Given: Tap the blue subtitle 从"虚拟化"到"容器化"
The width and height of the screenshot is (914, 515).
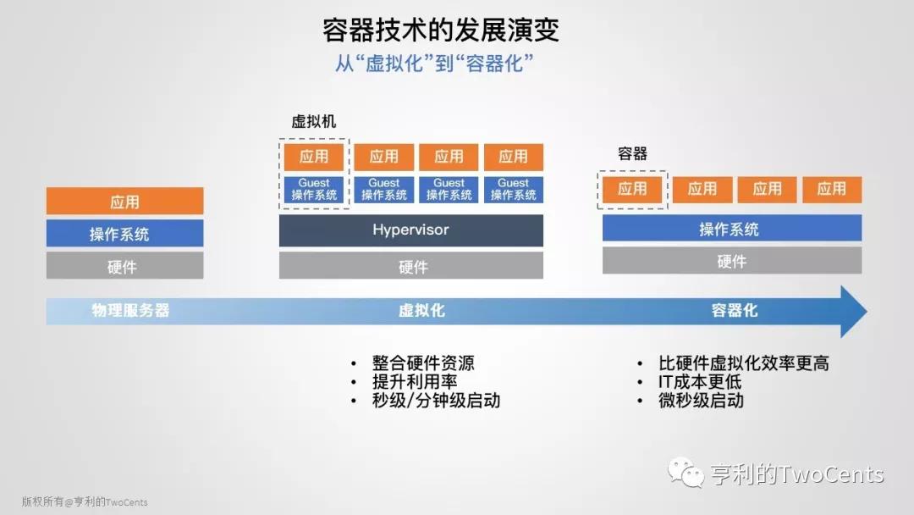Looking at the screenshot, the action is click(x=434, y=63).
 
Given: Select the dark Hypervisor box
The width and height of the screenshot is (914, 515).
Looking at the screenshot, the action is click(x=411, y=230).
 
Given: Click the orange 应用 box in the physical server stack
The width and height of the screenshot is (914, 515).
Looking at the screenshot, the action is click(x=124, y=202).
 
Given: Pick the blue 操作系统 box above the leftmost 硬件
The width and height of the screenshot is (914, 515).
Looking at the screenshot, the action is click(x=124, y=233).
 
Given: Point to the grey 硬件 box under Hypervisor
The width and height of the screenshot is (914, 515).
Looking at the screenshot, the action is click(x=411, y=265).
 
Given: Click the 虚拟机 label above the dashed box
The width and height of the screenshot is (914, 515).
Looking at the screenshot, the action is click(x=314, y=121).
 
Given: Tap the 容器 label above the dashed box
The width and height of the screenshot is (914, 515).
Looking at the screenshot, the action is click(x=632, y=153).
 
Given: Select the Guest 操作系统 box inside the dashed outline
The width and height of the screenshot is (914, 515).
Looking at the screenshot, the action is click(x=314, y=189).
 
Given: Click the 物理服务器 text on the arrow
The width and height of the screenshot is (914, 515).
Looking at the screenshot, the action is click(x=130, y=310).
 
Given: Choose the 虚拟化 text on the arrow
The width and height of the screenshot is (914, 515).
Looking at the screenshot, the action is click(x=421, y=310).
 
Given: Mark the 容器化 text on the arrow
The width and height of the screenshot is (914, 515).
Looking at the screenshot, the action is click(x=735, y=310).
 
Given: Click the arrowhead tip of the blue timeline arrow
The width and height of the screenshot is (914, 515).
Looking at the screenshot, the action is click(x=867, y=311).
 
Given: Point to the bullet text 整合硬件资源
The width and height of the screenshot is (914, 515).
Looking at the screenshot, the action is click(x=423, y=363).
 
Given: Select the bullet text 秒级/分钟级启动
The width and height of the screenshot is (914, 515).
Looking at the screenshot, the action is click(x=436, y=400).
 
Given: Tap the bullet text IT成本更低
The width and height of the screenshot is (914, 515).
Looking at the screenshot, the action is click(x=700, y=381).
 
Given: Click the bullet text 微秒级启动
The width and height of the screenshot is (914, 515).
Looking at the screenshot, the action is click(x=702, y=400).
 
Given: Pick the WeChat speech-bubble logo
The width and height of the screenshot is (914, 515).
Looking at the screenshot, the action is click(x=685, y=472).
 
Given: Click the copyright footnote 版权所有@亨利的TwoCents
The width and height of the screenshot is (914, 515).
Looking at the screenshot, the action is click(x=85, y=501).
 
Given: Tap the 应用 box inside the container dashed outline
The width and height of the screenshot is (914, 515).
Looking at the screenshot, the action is click(x=632, y=189).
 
